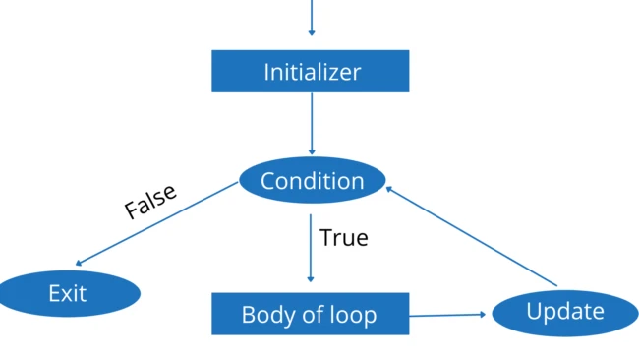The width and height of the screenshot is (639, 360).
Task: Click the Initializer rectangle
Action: pyautogui.click(x=311, y=71)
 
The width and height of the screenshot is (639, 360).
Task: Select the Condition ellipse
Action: pyautogui.click(x=312, y=181)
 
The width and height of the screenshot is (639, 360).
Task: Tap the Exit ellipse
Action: pyautogui.click(x=68, y=293)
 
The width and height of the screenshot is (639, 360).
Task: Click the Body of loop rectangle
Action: pyautogui.click(x=311, y=315)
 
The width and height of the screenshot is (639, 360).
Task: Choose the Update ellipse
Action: pyautogui.click(x=565, y=313)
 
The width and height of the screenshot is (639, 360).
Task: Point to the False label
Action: pyautogui.click(x=150, y=201)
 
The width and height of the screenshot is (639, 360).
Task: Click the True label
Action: pyautogui.click(x=343, y=237)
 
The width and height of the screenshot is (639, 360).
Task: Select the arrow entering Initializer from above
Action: pyautogui.click(x=312, y=20)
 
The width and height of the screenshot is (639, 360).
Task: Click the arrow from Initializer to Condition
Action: pyautogui.click(x=312, y=123)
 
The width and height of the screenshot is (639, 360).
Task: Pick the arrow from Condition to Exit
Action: pyautogui.click(x=157, y=223)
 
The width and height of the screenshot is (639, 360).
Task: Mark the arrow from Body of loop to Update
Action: pyautogui.click(x=447, y=315)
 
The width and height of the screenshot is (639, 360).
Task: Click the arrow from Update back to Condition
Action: pyautogui.click(x=472, y=237)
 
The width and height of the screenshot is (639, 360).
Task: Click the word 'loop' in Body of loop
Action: pyautogui.click(x=355, y=316)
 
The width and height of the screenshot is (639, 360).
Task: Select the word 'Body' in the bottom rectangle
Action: pyautogui.click(x=264, y=316)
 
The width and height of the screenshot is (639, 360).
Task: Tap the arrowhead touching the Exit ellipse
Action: pyautogui.click(x=79, y=263)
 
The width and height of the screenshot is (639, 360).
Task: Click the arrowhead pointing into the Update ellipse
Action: pyautogui.click(x=483, y=315)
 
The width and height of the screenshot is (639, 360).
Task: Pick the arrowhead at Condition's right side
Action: pyautogui.click(x=390, y=187)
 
